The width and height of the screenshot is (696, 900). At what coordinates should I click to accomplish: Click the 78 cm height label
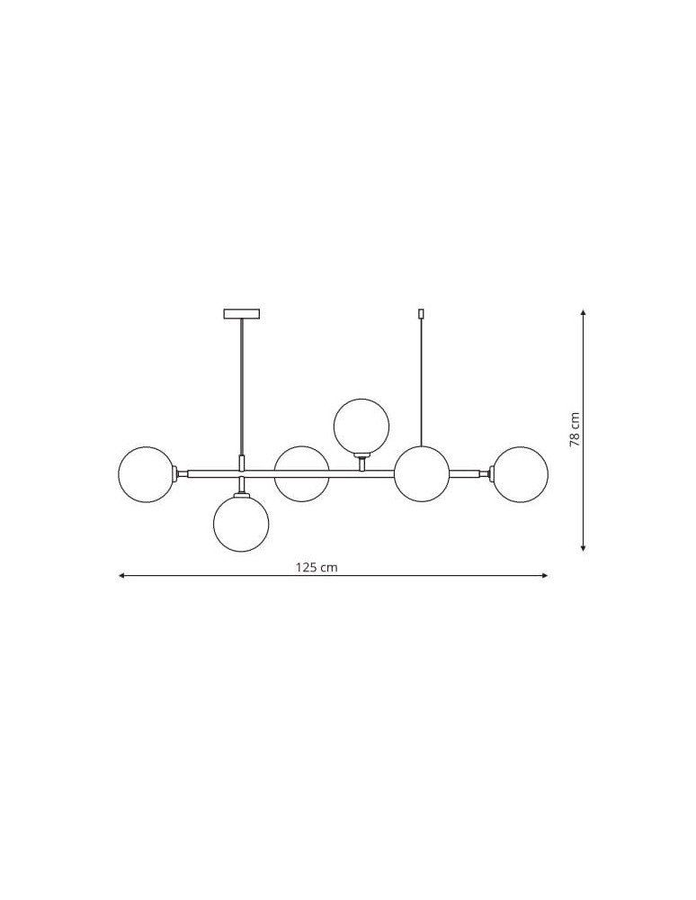576,429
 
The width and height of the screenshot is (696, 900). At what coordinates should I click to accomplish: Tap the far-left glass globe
147,474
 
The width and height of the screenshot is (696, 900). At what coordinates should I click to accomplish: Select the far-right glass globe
520,474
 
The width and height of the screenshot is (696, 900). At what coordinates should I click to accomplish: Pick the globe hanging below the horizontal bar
241,524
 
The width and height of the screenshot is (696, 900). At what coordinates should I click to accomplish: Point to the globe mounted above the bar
361,426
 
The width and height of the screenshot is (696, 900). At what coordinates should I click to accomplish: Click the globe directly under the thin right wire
422,474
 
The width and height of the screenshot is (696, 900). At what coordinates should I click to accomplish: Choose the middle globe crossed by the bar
301,474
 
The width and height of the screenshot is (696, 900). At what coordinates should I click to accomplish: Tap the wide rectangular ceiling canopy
241,314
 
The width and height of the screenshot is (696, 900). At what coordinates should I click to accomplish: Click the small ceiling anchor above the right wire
421,314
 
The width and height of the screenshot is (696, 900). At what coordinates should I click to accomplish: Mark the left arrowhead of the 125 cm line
121,575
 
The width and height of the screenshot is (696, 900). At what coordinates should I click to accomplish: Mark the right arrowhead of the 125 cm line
545,575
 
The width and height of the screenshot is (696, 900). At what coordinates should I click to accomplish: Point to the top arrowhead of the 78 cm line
584,312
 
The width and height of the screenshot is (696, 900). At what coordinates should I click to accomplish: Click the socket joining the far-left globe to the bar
181,473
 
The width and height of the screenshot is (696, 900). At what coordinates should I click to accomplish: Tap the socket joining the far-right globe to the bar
486,473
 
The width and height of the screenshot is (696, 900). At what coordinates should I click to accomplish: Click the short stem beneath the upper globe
361,462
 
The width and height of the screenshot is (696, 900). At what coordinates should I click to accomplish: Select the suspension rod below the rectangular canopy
241,387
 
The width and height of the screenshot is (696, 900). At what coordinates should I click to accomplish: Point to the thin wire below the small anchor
421,382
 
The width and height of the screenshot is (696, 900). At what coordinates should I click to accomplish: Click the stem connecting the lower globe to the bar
241,486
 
